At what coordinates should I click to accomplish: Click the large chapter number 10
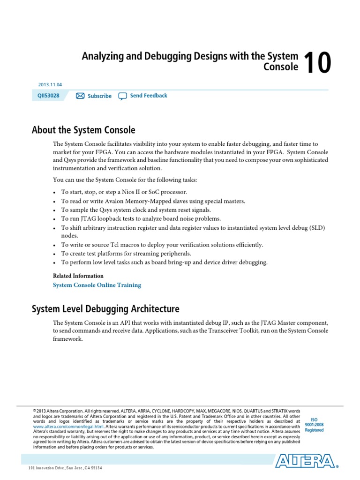tap(317, 63)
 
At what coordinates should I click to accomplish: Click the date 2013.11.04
tap(50, 85)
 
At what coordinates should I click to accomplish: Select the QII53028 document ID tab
tap(48, 96)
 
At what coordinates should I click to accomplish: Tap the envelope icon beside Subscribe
tap(80, 96)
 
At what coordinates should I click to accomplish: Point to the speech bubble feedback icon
tap(122, 96)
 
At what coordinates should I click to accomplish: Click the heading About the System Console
tap(83, 130)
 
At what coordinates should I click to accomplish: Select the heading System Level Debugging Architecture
tap(105, 309)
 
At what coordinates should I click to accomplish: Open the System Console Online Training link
tap(97, 285)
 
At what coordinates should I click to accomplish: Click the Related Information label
tap(78, 276)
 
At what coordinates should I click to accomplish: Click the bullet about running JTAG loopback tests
tap(141, 219)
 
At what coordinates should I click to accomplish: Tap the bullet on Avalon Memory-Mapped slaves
tap(153, 201)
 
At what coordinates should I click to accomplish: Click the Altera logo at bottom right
tap(305, 461)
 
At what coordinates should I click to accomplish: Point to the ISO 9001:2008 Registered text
tap(314, 425)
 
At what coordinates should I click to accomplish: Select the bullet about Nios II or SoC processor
tap(124, 192)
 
